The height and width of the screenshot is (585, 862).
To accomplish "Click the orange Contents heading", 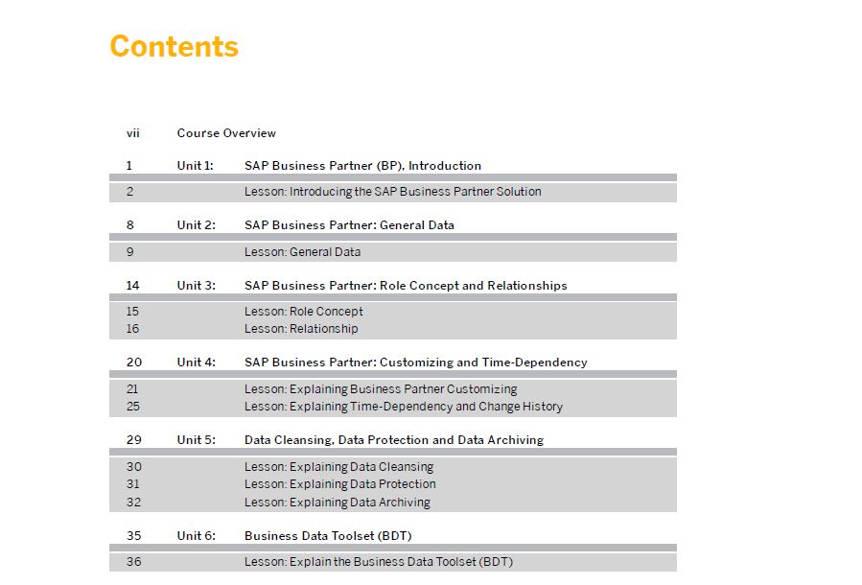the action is (175, 46).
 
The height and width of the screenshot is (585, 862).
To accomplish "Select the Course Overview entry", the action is (226, 133).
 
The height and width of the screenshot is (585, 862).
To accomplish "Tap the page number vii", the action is (133, 133).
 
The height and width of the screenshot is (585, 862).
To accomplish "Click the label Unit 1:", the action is (196, 166).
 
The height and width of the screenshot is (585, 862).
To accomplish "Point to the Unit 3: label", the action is (197, 286).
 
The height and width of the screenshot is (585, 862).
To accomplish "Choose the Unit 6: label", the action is (197, 535).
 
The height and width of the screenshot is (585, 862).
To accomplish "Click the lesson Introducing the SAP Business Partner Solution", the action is (393, 192).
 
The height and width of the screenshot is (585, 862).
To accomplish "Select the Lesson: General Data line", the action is (303, 252).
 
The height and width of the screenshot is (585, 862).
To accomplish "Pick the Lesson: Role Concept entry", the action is (304, 311).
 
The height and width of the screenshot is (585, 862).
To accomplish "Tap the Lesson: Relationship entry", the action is (301, 329).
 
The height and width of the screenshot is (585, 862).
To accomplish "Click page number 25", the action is (133, 407).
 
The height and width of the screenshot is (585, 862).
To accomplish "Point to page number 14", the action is (133, 286).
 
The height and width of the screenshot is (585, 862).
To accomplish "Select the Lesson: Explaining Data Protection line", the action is (340, 484).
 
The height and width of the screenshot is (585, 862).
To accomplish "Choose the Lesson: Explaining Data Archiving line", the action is (338, 502).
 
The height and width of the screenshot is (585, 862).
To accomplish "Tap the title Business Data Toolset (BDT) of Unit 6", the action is (328, 535).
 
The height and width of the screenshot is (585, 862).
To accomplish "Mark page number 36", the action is (133, 561).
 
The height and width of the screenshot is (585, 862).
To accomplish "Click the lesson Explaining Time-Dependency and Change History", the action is (404, 407).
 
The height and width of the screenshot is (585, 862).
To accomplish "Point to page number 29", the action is (134, 440).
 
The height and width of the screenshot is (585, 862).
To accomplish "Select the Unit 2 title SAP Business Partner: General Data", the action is (350, 224).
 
